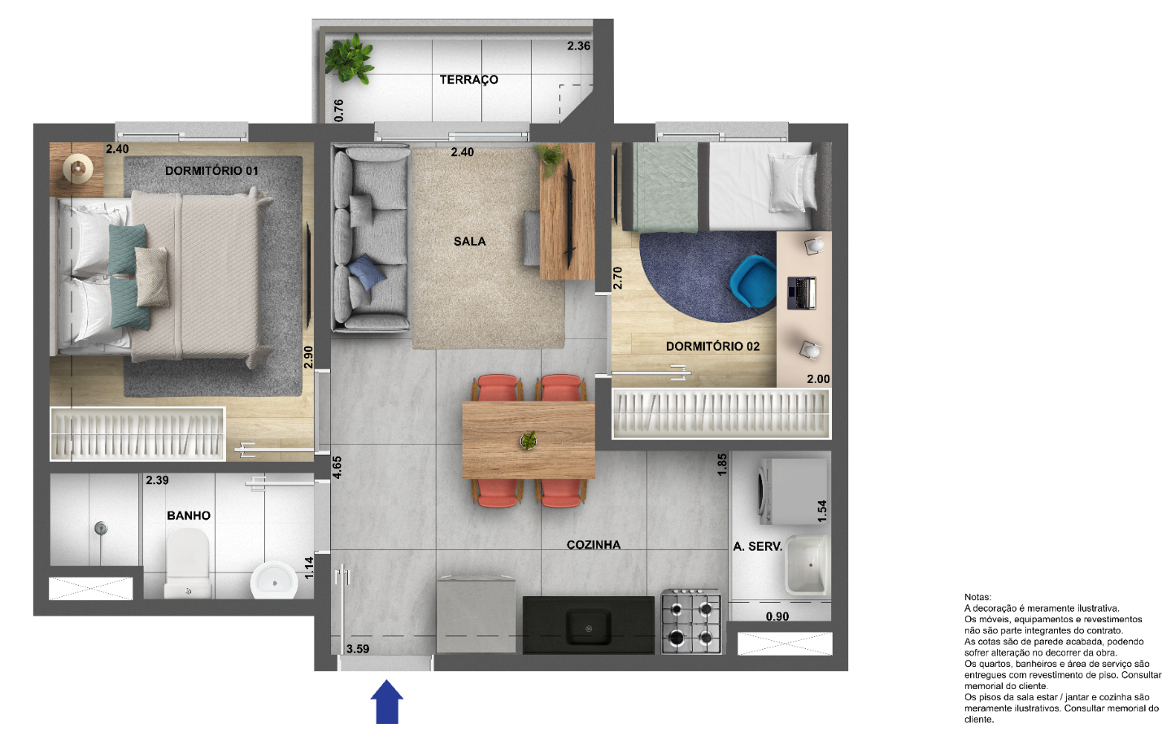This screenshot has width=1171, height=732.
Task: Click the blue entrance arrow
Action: (387, 702)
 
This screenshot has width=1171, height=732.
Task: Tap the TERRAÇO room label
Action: (468, 80)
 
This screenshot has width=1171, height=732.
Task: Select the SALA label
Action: (469, 242)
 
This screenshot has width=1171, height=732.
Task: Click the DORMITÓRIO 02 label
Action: (712, 346)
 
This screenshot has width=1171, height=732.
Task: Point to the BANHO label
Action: (189, 516)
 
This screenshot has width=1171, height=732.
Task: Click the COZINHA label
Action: (594, 545)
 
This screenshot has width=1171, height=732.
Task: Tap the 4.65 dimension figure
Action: (337, 468)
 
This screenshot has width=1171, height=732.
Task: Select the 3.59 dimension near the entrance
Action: (358, 649)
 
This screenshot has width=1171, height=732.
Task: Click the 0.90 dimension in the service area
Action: (777, 617)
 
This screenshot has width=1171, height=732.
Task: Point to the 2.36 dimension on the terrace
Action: (579, 46)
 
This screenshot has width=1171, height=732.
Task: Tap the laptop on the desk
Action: (802, 293)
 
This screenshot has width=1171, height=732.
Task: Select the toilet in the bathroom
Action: (188, 563)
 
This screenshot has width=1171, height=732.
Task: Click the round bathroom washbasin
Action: (274, 581)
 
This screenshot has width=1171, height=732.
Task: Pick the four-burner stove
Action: (691, 621)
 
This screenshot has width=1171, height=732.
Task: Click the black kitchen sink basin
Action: (589, 626)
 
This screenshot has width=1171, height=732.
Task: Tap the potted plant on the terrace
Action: (349, 59)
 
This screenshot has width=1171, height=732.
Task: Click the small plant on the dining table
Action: (529, 440)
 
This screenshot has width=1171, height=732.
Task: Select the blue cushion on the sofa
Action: (367, 272)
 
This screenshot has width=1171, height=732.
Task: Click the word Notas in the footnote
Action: (977, 597)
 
